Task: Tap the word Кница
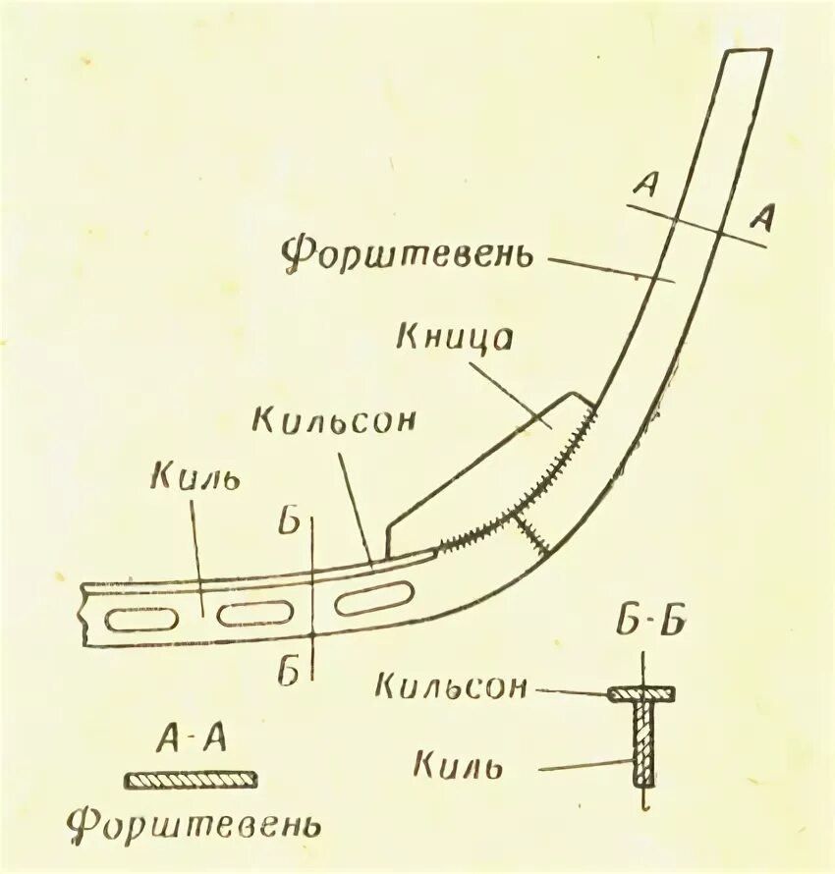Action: pyautogui.click(x=456, y=336)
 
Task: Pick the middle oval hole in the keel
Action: pyautogui.click(x=256, y=613)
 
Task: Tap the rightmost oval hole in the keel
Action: pyautogui.click(x=372, y=597)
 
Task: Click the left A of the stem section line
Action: pyautogui.click(x=645, y=186)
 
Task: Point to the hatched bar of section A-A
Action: pyautogui.click(x=192, y=779)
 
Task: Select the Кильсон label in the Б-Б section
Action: pyautogui.click(x=452, y=685)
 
